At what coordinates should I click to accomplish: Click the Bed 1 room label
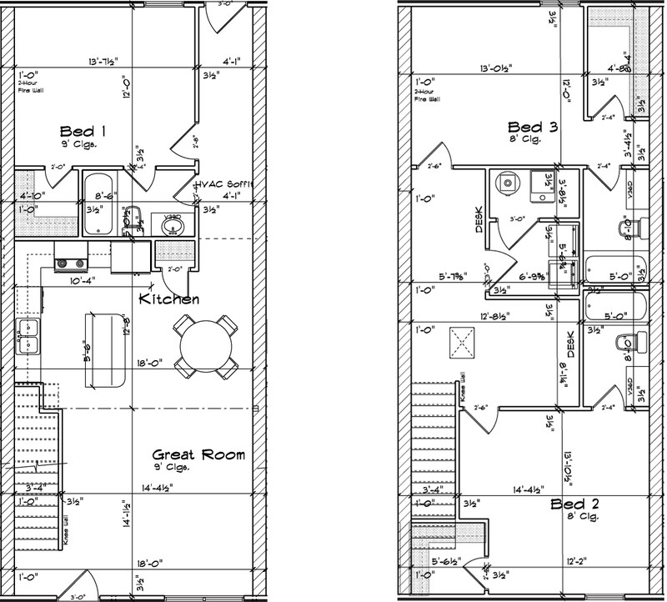pyautogui.click(x=83, y=131)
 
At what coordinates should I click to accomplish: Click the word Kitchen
pyautogui.click(x=168, y=298)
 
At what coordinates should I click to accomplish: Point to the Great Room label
pyautogui.click(x=198, y=454)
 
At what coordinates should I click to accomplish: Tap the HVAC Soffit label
pyautogui.click(x=225, y=184)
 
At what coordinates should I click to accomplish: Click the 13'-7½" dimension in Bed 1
pyautogui.click(x=103, y=62)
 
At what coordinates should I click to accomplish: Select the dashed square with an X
pyautogui.click(x=460, y=341)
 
